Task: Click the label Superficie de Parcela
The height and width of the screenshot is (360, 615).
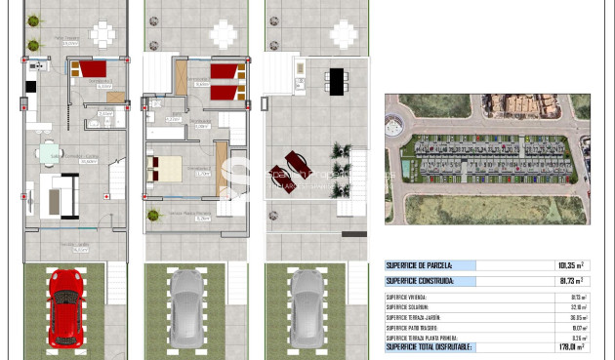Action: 420,265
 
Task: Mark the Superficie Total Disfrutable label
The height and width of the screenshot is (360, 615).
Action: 430,346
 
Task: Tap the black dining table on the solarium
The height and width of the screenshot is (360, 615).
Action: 337,80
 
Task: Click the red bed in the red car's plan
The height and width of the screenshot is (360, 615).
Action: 93,70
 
